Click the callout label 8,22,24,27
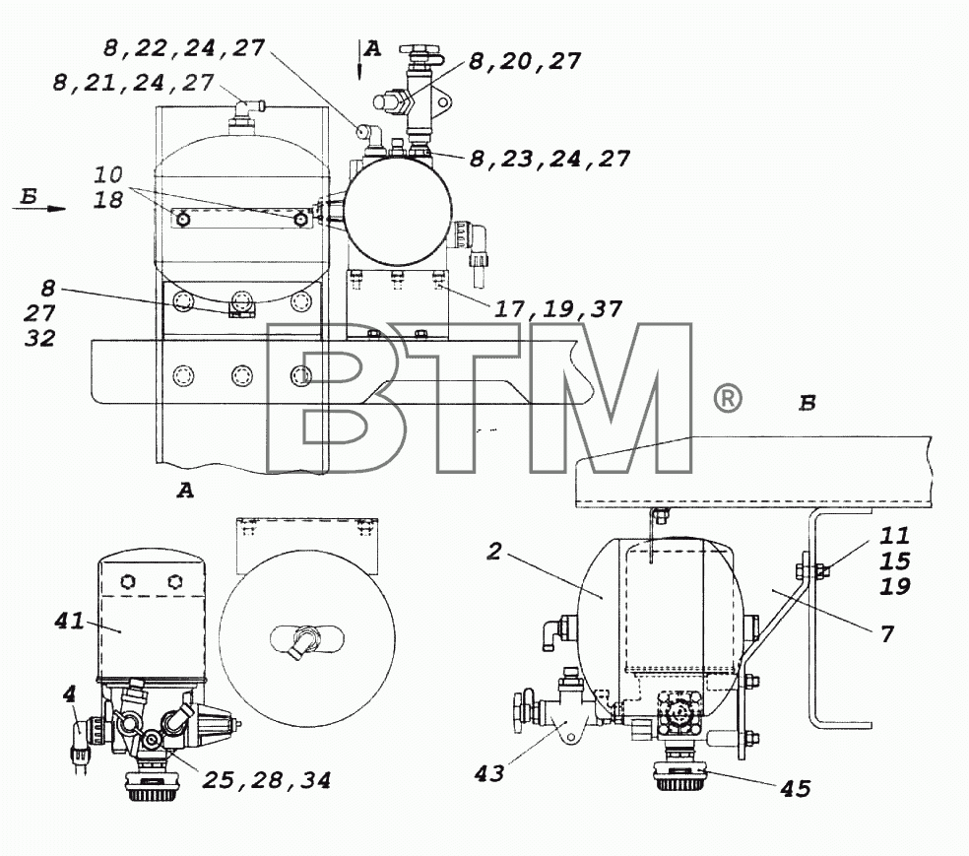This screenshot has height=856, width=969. [184, 48]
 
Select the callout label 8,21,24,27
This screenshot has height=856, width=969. [134, 83]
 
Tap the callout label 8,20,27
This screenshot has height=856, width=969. [525, 61]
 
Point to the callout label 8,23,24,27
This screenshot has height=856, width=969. [549, 159]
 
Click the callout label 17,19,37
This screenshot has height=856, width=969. [557, 308]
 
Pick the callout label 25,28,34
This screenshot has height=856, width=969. [266, 780]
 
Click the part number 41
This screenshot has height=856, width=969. [69, 620]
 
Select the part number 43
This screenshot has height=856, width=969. [488, 772]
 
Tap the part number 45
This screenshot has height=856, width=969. [796, 788]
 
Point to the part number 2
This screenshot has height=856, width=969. [493, 551]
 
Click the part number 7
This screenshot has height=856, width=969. [887, 633]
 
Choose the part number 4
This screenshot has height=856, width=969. [69, 694]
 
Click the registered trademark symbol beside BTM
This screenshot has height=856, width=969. [728, 399]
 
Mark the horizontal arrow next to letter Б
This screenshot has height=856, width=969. [39, 208]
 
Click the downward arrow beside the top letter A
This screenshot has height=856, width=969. [359, 60]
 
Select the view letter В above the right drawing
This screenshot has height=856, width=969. [807, 403]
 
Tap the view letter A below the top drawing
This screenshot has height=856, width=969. [185, 491]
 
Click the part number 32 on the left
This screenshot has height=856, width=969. [40, 338]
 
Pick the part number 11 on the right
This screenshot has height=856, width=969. [895, 535]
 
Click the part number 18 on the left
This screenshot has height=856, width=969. [108, 200]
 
